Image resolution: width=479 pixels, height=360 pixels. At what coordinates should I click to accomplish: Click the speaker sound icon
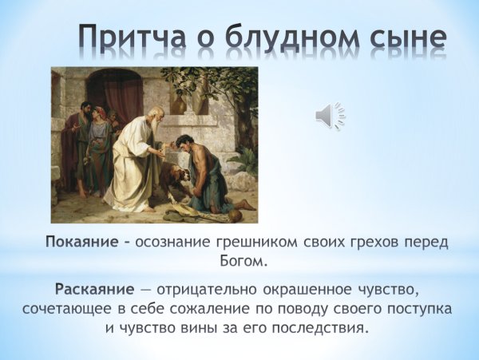[329, 117]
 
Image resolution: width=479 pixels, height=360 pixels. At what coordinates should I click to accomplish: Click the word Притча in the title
[137, 38]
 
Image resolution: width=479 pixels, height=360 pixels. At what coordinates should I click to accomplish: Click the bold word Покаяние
[82, 242]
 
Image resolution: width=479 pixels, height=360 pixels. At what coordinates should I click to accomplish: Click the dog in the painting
[173, 176]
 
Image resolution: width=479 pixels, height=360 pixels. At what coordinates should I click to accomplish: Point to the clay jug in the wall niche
[180, 101]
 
